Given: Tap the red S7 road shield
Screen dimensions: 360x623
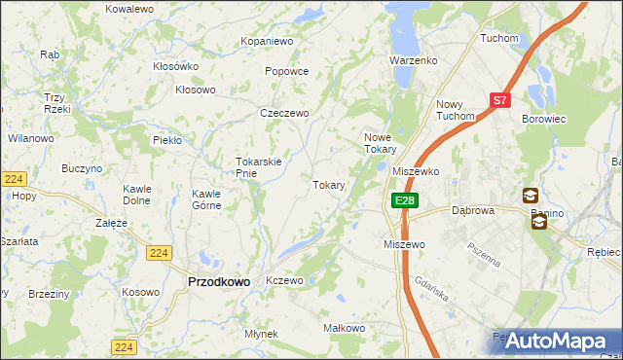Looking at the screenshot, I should pyautogui.click(x=499, y=99).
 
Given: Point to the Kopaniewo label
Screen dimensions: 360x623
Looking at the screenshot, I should pyautogui.click(x=268, y=42).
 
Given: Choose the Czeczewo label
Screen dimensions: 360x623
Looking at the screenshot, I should pyautogui.click(x=284, y=113).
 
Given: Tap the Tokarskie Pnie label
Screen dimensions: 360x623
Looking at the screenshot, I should pyautogui.click(x=259, y=167).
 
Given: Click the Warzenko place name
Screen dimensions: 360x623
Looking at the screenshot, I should pyautogui.click(x=415, y=60).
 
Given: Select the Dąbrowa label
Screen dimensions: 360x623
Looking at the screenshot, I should pyautogui.click(x=474, y=209).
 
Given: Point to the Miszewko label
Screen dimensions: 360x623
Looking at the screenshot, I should pyautogui.click(x=416, y=170).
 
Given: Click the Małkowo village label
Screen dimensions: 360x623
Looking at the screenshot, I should pyautogui.click(x=344, y=328).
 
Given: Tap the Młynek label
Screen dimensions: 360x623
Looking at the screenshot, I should pyautogui.click(x=262, y=334).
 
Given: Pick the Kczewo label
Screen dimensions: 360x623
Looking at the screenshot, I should pyautogui.click(x=285, y=280).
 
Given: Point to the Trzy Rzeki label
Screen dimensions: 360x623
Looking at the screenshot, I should pyautogui.click(x=55, y=103).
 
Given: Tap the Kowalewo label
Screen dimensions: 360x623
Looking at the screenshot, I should pyautogui.click(x=130, y=8).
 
